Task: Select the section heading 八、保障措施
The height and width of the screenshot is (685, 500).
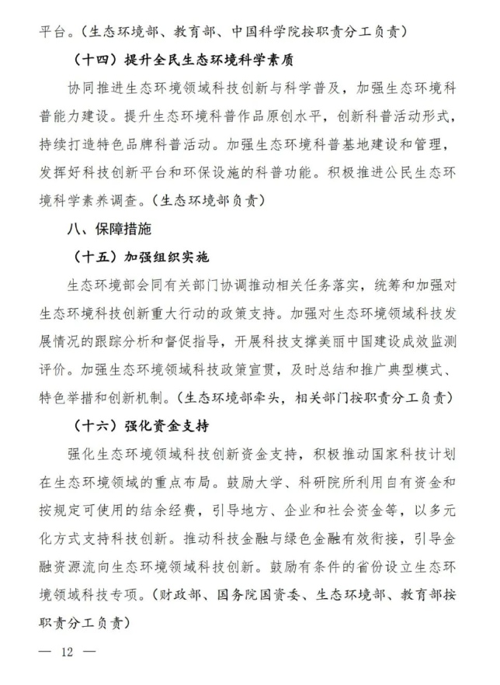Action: pyautogui.click(x=109, y=230)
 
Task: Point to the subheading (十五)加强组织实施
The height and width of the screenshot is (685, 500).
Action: pyautogui.click(x=141, y=257)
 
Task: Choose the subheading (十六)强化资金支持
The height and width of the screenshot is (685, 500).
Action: pyautogui.click(x=141, y=427)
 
